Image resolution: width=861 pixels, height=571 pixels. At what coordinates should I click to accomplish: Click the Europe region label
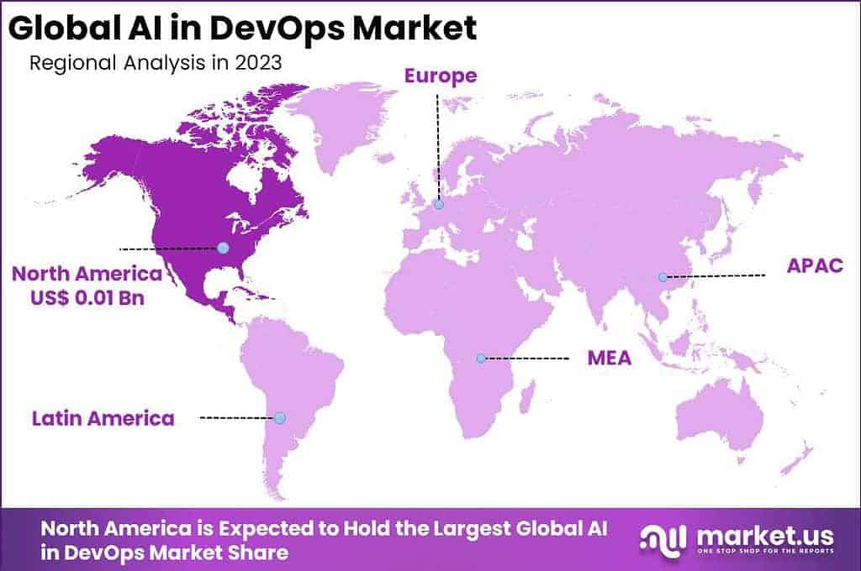(x=440, y=76)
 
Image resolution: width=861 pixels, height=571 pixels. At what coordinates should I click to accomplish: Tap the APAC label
(x=814, y=267)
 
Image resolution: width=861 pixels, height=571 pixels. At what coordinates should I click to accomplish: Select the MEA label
(x=609, y=359)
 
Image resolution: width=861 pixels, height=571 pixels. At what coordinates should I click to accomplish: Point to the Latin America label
(x=103, y=418)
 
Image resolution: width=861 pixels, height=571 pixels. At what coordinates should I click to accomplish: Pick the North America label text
(x=87, y=275)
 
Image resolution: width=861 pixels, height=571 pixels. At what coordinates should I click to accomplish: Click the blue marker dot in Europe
(x=439, y=204)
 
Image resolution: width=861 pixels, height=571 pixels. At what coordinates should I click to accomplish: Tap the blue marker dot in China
(x=663, y=277)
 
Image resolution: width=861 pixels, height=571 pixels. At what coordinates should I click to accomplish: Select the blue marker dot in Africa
(x=481, y=359)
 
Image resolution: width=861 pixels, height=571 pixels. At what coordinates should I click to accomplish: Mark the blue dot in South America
(x=280, y=417)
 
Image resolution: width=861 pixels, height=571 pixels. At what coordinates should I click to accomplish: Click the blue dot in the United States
(x=223, y=248)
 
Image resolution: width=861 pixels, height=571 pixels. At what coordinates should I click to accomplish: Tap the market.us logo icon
(x=662, y=539)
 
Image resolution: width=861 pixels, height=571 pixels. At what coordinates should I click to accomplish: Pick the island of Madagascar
(x=527, y=395)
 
